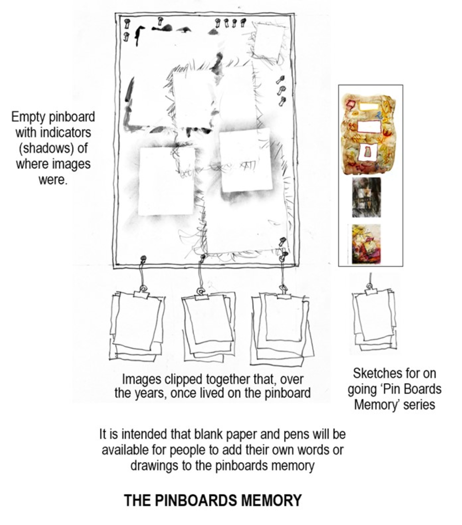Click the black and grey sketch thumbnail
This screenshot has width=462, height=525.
pos(366,197)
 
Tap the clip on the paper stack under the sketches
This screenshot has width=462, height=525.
pos(370,290)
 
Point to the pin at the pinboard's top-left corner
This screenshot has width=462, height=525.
pos(127,24)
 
